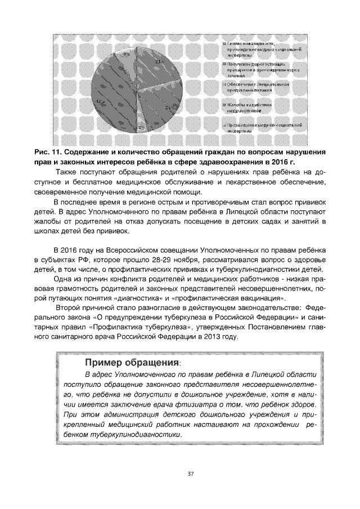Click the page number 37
pos(191,474)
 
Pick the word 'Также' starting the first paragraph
pos(66,171)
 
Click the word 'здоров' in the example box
pos(304,405)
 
